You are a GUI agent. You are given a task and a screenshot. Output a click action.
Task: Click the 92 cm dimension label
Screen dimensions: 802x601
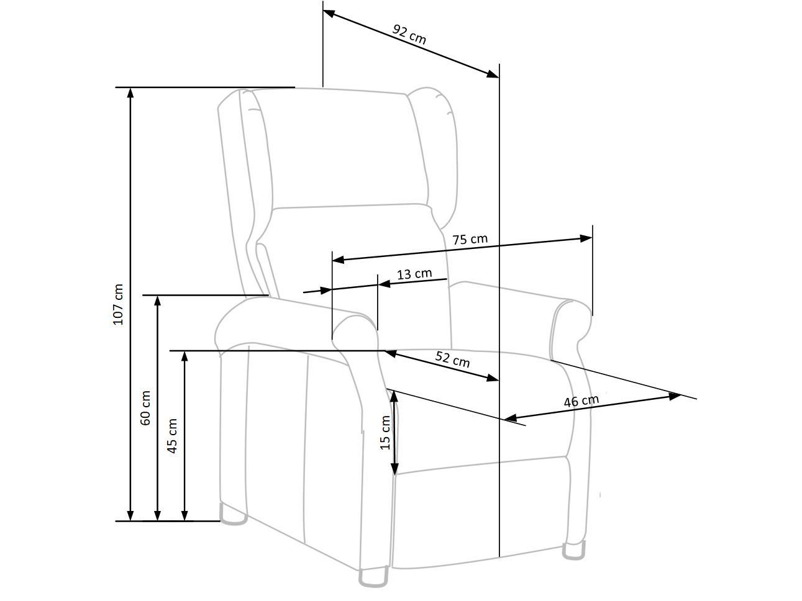point(409,35)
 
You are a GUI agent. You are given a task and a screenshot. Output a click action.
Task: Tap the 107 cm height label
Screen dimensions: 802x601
point(118,304)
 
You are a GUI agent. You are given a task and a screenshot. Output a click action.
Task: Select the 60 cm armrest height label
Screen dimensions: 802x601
point(145,407)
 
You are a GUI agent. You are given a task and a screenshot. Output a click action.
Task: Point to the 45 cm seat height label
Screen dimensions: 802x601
point(172,436)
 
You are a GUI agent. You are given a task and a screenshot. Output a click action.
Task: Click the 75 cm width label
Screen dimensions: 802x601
point(470,239)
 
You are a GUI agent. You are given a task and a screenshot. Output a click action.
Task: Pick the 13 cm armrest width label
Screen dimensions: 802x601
point(414,274)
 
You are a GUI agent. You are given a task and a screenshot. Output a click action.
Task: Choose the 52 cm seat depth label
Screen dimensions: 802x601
point(452,359)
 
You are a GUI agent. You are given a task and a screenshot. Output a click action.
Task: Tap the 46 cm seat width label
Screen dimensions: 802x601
point(581,401)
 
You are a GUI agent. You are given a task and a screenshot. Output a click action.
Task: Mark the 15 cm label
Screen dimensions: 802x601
point(385,433)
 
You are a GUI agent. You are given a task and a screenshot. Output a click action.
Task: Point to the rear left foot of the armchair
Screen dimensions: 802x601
point(233,515)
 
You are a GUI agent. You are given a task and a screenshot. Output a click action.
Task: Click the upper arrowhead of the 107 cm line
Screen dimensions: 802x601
point(130,94)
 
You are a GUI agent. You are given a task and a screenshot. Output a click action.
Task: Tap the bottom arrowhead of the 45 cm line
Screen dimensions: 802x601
point(185,515)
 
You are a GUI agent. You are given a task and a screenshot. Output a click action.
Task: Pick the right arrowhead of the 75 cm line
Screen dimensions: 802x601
point(586,238)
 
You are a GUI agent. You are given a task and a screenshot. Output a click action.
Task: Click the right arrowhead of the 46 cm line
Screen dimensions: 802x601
point(675,395)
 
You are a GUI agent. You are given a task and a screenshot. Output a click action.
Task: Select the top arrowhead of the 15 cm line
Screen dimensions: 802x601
point(394,397)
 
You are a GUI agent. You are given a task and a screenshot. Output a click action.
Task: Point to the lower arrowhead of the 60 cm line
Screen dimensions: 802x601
point(157,515)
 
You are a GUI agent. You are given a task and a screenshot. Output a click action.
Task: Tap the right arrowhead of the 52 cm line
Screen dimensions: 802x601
point(493,378)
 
